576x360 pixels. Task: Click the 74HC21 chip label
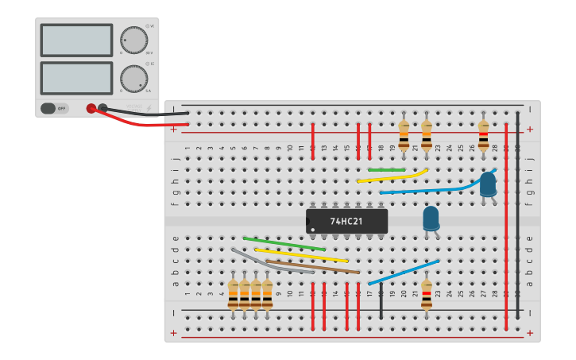346,221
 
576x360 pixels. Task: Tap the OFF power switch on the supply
55,108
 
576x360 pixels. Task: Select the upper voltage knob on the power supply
133,40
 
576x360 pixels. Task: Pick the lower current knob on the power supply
133,79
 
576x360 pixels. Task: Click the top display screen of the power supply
76,40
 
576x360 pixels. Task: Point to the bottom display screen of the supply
76,78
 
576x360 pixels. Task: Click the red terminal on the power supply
91,108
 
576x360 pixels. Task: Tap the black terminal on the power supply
102,107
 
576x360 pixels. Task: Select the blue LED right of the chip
431,219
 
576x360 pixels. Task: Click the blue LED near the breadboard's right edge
488,185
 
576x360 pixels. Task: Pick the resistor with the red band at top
483,135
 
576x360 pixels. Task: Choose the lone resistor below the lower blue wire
427,295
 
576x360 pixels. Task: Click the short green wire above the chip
387,169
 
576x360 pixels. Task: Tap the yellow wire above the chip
392,176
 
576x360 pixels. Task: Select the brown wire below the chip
312,267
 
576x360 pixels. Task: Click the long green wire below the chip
284,243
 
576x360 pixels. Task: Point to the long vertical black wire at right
517,215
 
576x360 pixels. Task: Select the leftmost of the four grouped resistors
233,293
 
